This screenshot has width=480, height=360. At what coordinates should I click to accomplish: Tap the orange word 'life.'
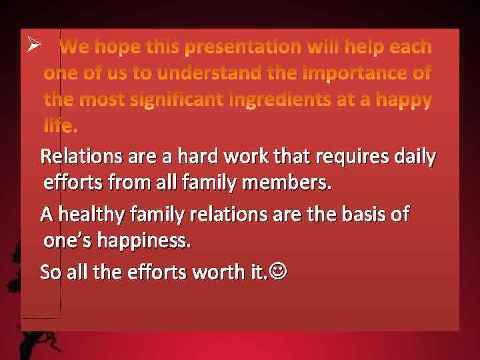(60, 125)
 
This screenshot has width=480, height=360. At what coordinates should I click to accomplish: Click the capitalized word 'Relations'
(81, 157)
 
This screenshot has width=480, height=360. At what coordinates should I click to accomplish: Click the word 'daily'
(415, 157)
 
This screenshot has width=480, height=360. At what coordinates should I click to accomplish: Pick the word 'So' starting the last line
(50, 272)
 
